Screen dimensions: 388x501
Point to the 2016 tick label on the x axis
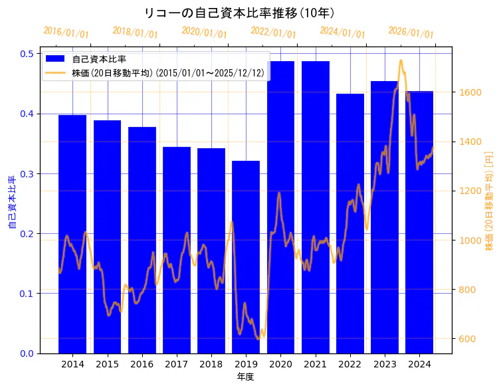[x=142, y=364]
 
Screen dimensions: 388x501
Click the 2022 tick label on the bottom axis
[x=350, y=364]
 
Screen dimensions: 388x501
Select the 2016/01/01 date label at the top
[x=66, y=32]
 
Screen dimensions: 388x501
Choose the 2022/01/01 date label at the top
[x=273, y=32]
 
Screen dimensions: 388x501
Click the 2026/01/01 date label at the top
[x=411, y=32]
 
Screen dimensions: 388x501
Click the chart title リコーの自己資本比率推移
[x=239, y=13]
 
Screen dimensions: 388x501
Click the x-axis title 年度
[x=246, y=377]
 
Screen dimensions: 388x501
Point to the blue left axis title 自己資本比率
[x=12, y=203]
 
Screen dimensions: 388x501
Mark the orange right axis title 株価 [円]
[x=490, y=200]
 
